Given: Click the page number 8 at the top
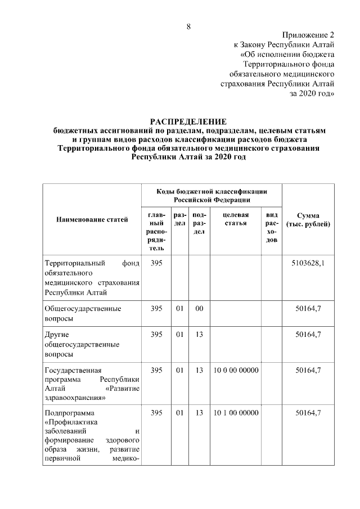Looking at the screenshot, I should pos(189,26).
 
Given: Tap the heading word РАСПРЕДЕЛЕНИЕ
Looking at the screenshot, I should pos(188,121).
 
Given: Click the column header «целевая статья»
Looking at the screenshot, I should pos(236,220).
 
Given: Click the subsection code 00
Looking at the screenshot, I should pos(199,308).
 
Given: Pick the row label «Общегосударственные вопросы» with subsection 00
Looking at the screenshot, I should pos(83,313).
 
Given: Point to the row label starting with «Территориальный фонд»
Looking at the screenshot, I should pos(92,277).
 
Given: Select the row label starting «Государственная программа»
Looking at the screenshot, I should pos(92,384).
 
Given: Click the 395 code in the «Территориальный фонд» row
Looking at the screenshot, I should pos(156,263).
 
